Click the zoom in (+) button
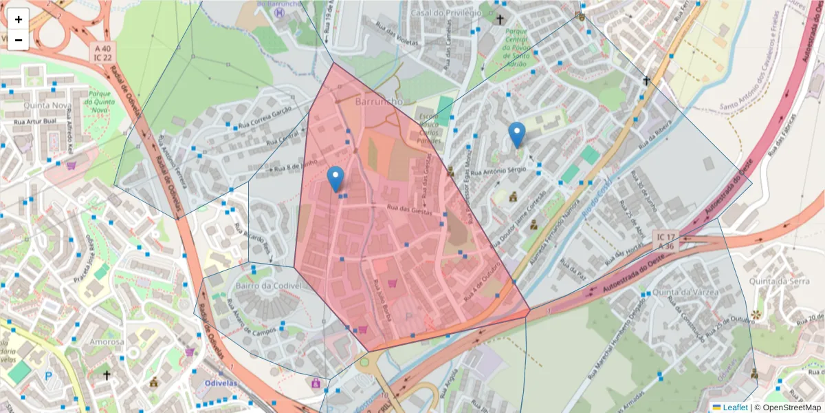tap(19, 19)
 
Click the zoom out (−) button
tap(19, 40)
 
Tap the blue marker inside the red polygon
tap(335, 179)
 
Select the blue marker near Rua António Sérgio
tap(517, 134)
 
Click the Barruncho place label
tap(379, 102)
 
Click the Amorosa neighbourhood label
tap(102, 341)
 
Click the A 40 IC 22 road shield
tap(103, 52)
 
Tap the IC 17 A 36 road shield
tap(666, 240)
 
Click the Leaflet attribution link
tap(734, 407)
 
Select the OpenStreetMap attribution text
tap(788, 407)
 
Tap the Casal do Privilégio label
tap(445, 13)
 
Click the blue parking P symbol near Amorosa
tap(48, 376)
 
